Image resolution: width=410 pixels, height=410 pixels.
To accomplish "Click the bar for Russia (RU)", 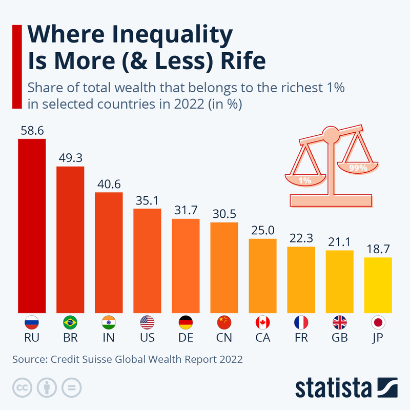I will point(32,225).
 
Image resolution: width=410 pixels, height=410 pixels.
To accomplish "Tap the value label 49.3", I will point(70,157).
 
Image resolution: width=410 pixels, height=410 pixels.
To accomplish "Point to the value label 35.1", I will point(147,199).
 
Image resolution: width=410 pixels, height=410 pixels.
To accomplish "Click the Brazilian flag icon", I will point(70,322).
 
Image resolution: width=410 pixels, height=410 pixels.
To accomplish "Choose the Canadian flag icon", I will point(262,322).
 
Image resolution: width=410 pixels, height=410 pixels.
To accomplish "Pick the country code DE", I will point(186,339).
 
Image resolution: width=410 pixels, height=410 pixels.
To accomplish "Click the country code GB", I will point(339,339).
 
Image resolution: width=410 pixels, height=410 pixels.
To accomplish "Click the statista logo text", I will point(334,388).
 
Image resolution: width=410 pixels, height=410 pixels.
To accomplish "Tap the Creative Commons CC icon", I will point(22,387).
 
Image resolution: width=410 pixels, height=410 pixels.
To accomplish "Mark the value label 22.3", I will point(301,238).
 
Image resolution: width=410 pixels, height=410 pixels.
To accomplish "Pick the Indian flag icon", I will point(109,322).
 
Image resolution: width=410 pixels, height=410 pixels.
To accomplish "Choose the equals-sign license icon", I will point(72,387).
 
